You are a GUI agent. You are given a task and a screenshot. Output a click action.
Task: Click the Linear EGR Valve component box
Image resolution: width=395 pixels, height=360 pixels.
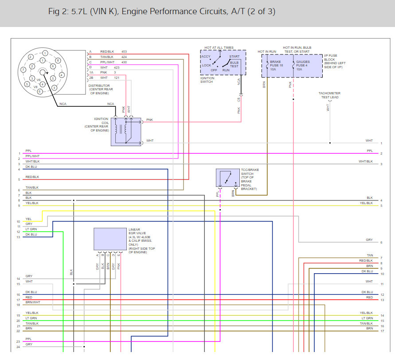pos(110,239)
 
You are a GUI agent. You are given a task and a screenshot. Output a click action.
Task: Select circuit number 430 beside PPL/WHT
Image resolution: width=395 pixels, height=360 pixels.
pos(124,62)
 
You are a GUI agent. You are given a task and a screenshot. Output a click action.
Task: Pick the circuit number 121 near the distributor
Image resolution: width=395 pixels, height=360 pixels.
pos(116,78)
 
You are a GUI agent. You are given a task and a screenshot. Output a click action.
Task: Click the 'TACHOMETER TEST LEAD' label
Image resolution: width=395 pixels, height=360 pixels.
pos(329,95)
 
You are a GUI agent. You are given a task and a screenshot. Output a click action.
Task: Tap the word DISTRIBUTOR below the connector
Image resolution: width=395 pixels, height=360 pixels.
pos(99,85)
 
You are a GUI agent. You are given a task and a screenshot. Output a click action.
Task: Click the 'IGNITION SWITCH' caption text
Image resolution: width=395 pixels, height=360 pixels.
pos(207,80)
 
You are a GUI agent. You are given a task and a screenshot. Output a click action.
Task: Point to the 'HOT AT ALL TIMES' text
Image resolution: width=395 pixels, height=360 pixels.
pos(219,47)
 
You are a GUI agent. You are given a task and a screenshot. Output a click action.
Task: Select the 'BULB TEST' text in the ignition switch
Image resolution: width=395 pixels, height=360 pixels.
pos(234,65)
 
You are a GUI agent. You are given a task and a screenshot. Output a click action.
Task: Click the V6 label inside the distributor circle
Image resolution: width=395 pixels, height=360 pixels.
pos(39,80)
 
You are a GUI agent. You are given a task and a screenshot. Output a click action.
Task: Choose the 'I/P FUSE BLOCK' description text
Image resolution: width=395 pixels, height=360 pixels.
pos(335,62)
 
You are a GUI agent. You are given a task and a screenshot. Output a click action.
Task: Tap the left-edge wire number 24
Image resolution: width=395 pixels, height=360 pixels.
pos(18,347)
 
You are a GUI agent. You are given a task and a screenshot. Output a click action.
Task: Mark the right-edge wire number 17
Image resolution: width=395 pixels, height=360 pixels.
pos(381,331)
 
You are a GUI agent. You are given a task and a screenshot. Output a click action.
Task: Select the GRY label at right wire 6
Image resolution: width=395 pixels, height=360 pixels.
pos(369,240)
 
